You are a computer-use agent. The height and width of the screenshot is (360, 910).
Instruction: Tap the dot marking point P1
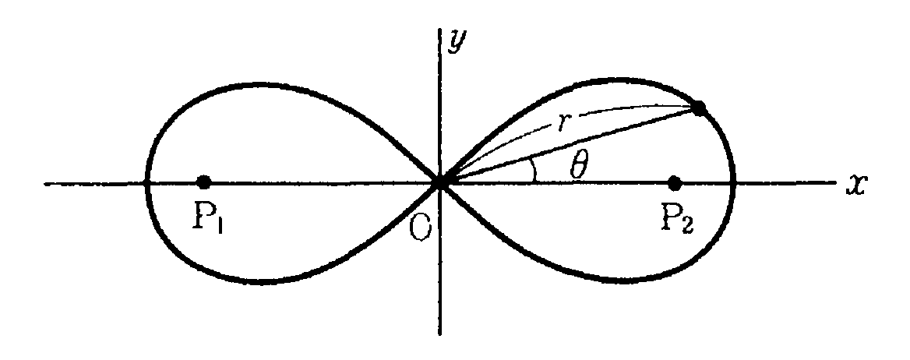pyautogui.click(x=204, y=182)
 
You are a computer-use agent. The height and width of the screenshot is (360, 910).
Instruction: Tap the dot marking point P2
pyautogui.click(x=675, y=183)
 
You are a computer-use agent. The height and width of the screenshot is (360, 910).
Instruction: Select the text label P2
pyautogui.click(x=676, y=221)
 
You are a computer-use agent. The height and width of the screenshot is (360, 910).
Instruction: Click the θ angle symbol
pyautogui.click(x=577, y=167)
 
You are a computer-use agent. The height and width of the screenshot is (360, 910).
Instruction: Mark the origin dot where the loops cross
pyautogui.click(x=440, y=182)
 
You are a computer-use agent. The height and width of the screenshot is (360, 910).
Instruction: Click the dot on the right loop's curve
pyautogui.click(x=699, y=108)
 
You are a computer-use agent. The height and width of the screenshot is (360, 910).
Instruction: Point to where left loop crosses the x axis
pyautogui.click(x=146, y=183)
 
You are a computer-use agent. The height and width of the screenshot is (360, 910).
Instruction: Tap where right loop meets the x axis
pyautogui.click(x=733, y=183)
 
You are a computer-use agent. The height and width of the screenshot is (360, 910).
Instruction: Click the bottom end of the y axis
pyautogui.click(x=440, y=334)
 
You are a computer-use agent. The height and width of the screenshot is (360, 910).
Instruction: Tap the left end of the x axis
pyautogui.click(x=47, y=184)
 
